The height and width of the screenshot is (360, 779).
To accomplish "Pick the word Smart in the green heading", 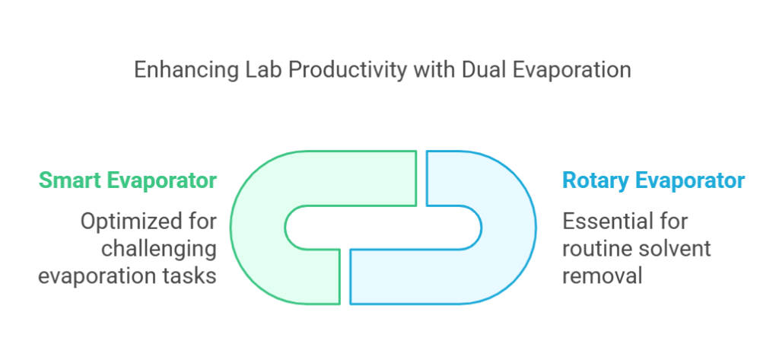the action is [x=69, y=180].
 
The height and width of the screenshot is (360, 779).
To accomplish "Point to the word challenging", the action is [x=159, y=249].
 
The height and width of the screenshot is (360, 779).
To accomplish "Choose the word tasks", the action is [x=192, y=276].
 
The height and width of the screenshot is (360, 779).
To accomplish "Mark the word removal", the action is [x=603, y=276].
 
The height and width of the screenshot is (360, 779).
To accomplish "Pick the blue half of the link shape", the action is [x=509, y=228].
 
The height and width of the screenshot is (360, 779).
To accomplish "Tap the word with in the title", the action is [x=434, y=69].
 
